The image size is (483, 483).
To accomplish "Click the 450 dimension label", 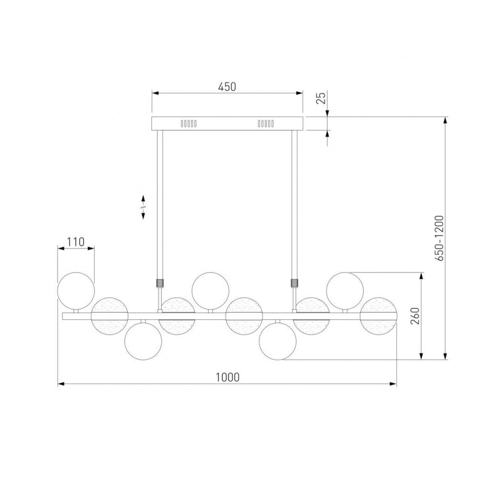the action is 227,87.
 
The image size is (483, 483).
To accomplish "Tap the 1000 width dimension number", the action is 228,377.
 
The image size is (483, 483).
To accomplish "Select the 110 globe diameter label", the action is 76,242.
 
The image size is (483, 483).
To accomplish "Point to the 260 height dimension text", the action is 415,316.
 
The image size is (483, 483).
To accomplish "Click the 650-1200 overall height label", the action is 439,238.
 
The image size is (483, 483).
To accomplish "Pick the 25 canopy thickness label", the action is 321,98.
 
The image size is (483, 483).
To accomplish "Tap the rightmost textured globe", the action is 378,316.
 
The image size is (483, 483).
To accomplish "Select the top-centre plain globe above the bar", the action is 211,290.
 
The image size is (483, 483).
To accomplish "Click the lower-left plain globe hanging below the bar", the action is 143,341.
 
